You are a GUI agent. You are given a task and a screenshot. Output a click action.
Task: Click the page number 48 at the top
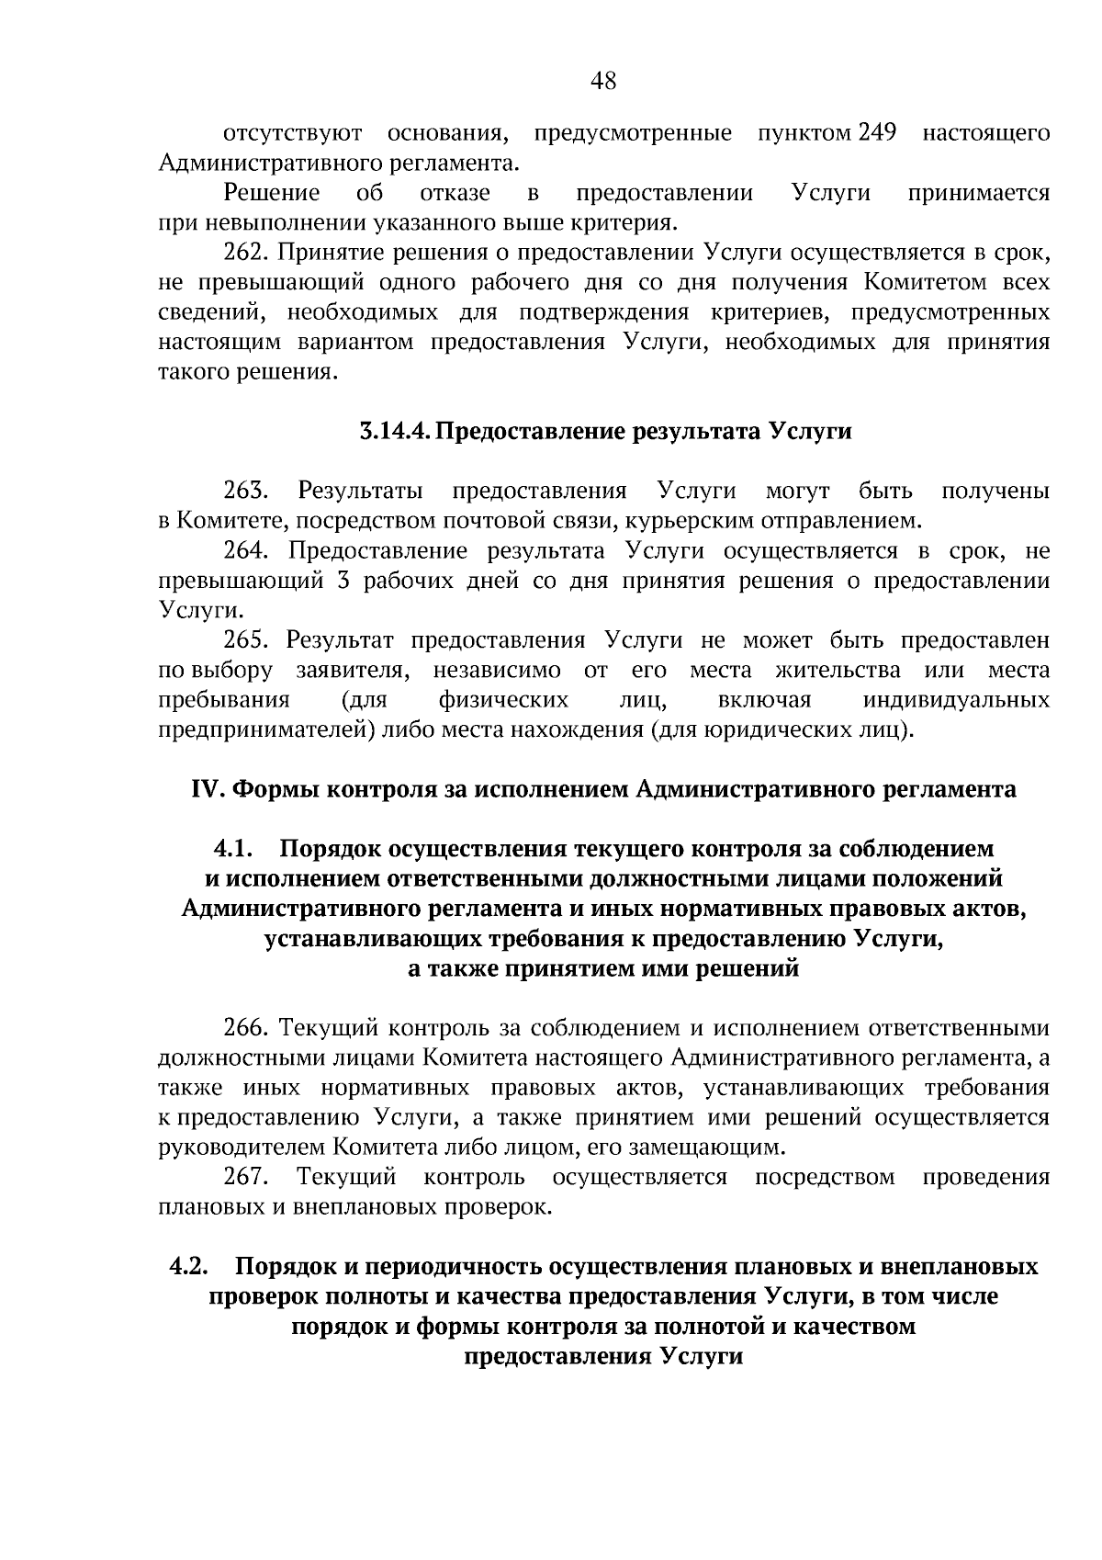(x=603, y=82)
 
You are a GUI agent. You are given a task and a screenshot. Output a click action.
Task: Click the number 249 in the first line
(x=877, y=133)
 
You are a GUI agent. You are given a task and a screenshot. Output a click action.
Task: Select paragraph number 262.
(x=245, y=253)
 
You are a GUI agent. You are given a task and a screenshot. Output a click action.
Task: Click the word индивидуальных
(x=956, y=701)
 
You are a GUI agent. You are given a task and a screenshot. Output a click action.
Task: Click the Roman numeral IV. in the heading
(x=208, y=790)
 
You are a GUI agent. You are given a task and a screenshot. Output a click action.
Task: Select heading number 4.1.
(x=233, y=849)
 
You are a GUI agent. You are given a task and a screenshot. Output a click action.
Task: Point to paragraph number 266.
(x=245, y=1028)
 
